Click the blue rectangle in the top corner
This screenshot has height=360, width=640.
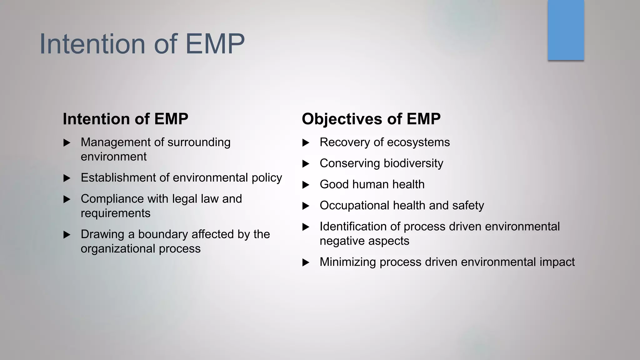coord(566,30)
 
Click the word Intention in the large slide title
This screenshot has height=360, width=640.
coord(92,44)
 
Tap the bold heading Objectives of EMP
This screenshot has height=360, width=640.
coord(371,119)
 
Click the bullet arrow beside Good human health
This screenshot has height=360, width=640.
coord(306,185)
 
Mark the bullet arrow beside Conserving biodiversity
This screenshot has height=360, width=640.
coord(306,164)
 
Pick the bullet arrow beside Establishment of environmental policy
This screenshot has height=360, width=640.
coord(67,178)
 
